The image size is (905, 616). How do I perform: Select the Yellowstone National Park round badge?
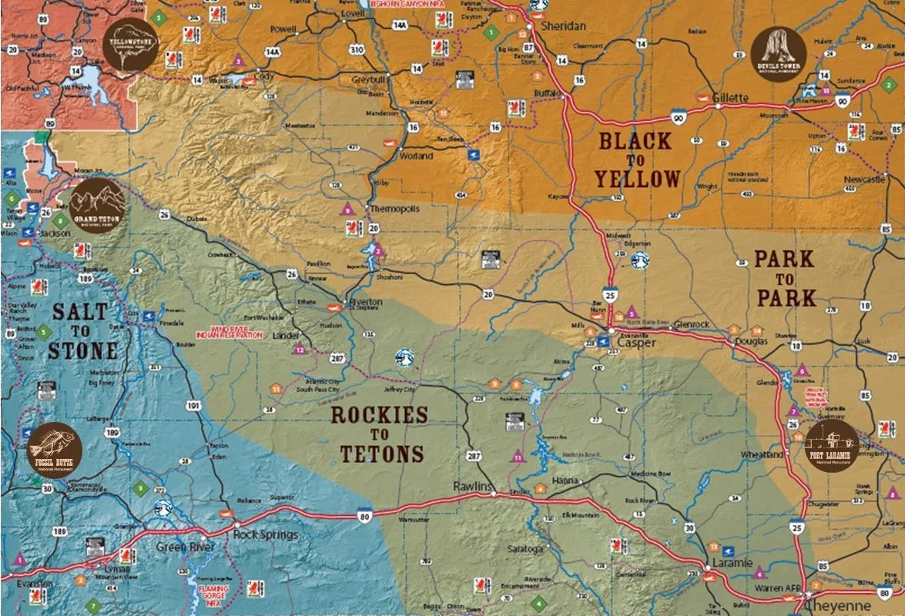131,44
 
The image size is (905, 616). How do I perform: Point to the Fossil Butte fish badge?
54,450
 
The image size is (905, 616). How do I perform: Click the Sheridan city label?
563,26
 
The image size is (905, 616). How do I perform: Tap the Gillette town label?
730,98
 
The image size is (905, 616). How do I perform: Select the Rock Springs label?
266,534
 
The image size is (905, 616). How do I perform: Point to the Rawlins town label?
472,486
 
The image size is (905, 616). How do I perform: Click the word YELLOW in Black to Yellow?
637,179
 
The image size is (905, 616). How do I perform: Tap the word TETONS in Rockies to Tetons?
382,454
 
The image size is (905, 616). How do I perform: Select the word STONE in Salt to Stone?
82,350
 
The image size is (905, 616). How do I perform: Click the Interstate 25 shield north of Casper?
610,293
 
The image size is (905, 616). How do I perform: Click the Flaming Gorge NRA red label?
214,592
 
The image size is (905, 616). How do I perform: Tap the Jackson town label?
55,233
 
